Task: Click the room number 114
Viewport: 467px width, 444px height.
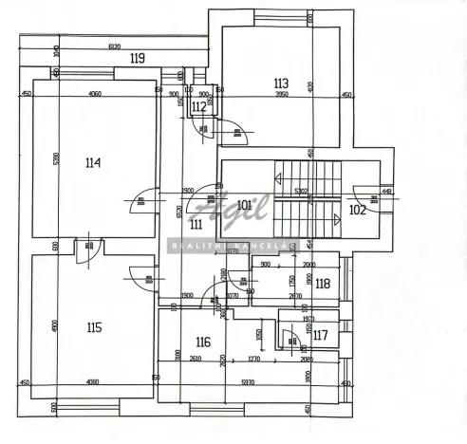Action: (92, 162)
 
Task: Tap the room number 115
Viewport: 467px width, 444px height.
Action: (93, 328)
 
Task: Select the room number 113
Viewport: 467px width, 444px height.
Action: (280, 83)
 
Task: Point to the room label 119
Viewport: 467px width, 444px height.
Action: (138, 59)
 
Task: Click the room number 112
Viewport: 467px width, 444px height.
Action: (198, 107)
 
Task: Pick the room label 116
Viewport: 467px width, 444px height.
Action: (202, 342)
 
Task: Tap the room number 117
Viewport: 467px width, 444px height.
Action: (320, 334)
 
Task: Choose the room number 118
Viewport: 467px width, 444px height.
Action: (323, 283)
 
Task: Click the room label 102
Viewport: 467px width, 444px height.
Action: (357, 210)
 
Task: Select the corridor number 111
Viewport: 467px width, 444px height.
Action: (196, 225)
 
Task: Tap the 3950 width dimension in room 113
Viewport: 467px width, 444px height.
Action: (282, 95)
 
